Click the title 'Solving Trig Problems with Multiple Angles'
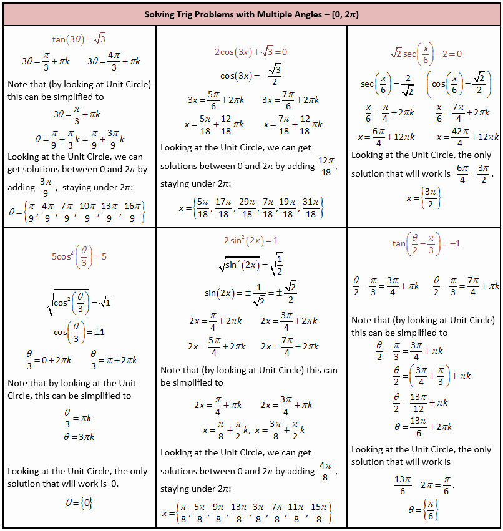tap(251, 14)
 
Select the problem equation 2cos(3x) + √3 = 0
tap(251, 52)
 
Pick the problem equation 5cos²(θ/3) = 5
tap(79, 256)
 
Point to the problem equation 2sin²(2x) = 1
tap(251, 240)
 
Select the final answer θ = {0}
tap(79, 502)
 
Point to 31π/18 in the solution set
tap(310, 207)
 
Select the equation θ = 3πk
tap(79, 436)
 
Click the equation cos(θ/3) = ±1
tap(79, 332)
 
